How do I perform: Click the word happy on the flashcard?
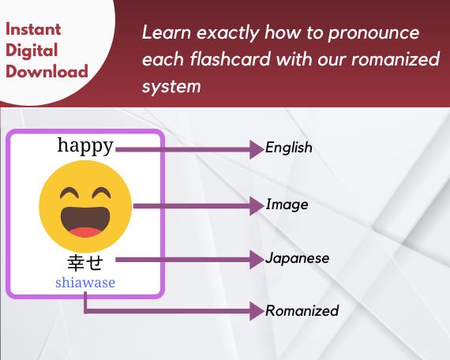(85, 145)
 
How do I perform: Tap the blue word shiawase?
(85, 282)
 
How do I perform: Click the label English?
(289, 148)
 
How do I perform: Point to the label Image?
(287, 205)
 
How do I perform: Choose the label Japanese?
(298, 259)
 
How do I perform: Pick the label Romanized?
(302, 311)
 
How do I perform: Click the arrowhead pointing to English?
(256, 148)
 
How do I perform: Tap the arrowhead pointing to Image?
(256, 205)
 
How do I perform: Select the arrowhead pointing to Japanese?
(256, 259)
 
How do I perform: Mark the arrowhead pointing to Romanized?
(256, 311)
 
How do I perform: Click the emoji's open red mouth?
(85, 222)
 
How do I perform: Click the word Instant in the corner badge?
(33, 31)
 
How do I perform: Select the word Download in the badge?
(47, 72)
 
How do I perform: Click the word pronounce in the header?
(371, 34)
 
